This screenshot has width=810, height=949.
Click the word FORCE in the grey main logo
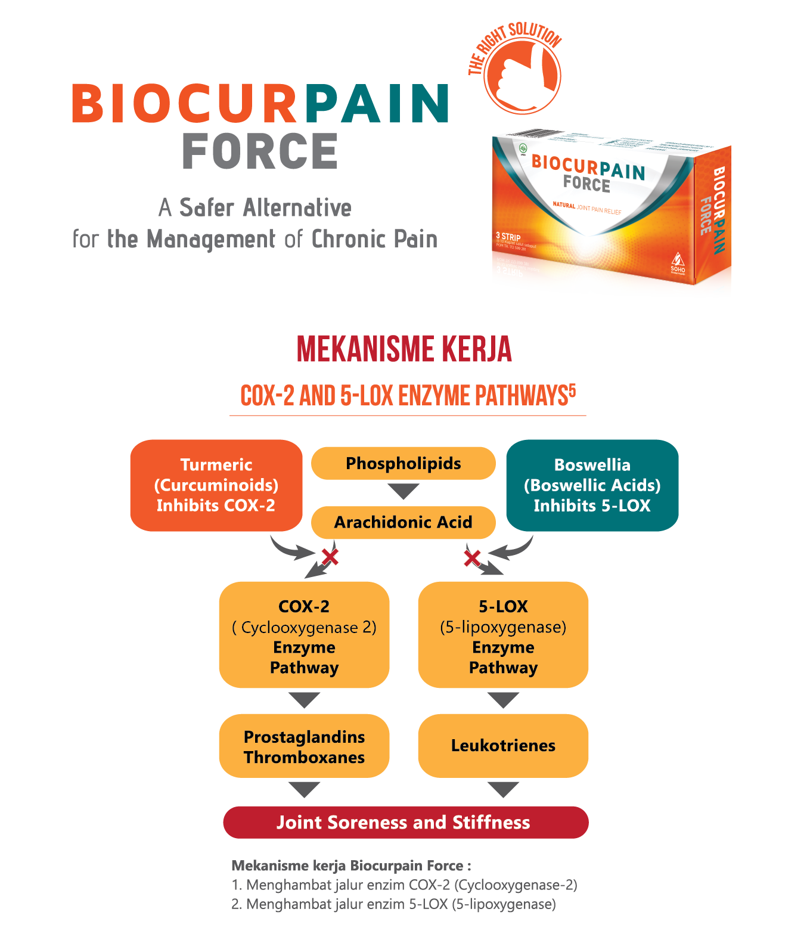coord(260,151)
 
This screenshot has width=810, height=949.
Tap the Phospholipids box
coord(404,463)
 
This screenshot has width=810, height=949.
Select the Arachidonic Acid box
coord(404,522)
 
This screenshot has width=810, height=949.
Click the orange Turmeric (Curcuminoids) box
coord(216,485)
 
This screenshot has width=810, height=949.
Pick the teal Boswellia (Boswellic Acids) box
coord(592,485)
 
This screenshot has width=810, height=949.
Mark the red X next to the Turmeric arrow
coord(330,557)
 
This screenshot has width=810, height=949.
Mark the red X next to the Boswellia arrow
coord(472,559)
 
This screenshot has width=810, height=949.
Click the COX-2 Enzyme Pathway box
coord(304,635)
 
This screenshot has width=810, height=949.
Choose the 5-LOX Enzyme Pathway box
coord(503,635)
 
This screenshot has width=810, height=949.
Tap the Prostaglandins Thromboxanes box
coord(304,746)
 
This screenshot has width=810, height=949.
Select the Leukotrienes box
coord(503,746)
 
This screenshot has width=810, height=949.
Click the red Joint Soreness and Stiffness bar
coord(405,823)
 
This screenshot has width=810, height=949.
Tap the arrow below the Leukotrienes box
coord(503,790)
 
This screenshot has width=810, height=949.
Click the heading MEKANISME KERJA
coord(404,349)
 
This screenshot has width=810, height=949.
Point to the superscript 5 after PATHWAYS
coord(572,390)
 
